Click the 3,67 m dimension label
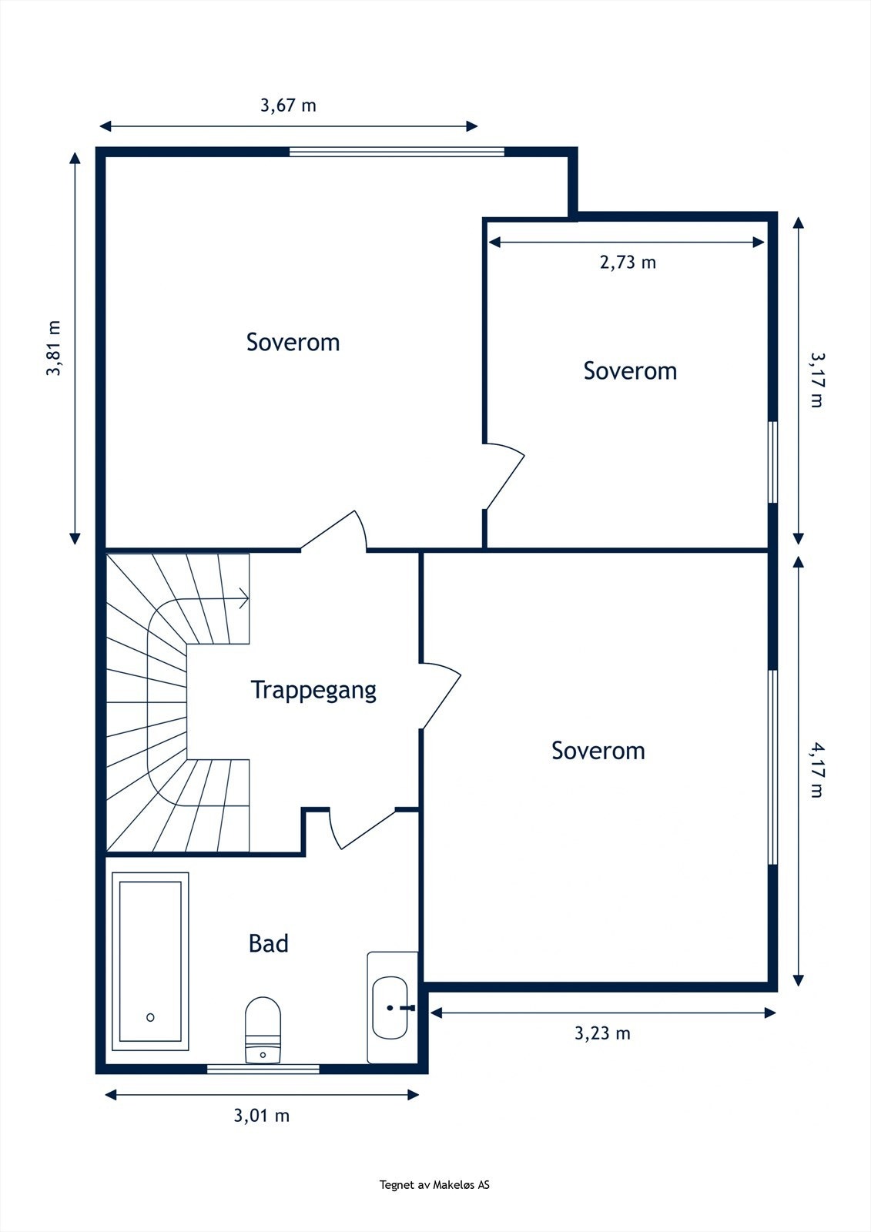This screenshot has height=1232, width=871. (288, 105)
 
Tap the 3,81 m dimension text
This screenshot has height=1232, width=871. (53, 347)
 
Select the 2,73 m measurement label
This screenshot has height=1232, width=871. (628, 263)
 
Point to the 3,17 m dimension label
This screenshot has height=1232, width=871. (817, 380)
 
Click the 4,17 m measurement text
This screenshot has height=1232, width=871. (817, 770)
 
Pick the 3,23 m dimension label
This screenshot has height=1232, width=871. (602, 1033)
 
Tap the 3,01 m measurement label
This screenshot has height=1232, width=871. (262, 1116)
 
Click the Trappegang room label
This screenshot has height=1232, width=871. (313, 690)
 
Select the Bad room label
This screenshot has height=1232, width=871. (269, 943)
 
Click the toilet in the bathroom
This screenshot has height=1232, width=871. (263, 1029)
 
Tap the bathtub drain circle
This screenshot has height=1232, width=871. (150, 1017)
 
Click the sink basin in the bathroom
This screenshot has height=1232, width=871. (390, 1008)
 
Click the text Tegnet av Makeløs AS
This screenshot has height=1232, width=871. (434, 1185)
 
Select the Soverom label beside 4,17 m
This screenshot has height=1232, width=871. (598, 751)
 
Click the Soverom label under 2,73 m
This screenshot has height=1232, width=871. (630, 370)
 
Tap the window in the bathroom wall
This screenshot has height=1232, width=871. (263, 1069)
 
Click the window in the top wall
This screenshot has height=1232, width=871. (397, 152)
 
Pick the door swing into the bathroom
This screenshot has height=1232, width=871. (363, 829)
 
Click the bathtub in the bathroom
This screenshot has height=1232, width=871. (150, 962)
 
